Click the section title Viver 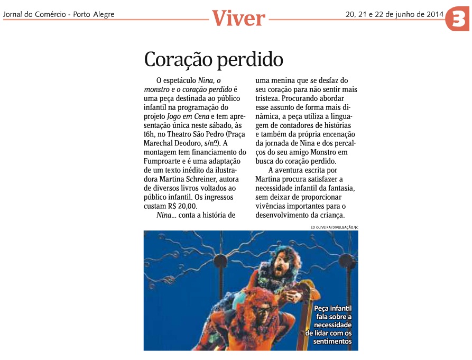[x=238, y=19]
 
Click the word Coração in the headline [x=178, y=60]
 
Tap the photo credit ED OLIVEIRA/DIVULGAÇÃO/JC [x=334, y=227]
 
